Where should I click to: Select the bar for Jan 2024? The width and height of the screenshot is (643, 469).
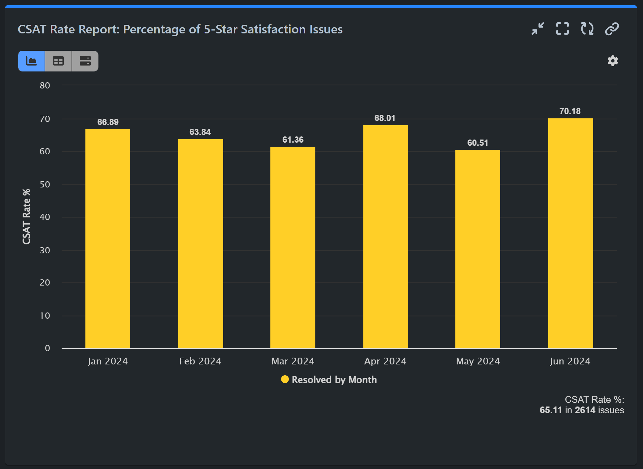click(x=108, y=238)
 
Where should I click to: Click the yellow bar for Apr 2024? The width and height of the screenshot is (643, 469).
click(x=385, y=237)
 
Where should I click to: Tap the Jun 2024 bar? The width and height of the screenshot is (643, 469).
click(x=570, y=233)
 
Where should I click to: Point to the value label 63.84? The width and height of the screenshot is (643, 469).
click(x=200, y=132)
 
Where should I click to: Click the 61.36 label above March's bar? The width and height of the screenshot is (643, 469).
click(x=293, y=140)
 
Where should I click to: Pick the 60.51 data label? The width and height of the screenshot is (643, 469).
click(x=477, y=143)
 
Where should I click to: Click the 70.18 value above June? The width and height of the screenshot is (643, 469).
click(x=570, y=111)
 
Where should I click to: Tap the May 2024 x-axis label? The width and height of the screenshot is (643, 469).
click(x=478, y=361)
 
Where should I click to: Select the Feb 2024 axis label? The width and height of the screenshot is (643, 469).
click(x=200, y=361)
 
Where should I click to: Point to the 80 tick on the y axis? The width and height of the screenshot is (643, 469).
click(x=45, y=86)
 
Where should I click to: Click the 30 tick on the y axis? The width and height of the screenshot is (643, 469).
click(x=45, y=251)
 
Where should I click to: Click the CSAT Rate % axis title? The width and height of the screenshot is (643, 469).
click(x=27, y=217)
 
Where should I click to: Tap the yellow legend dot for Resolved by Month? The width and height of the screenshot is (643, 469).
click(x=285, y=379)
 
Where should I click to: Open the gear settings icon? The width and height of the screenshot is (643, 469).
click(x=613, y=61)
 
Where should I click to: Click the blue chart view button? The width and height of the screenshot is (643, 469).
click(x=32, y=61)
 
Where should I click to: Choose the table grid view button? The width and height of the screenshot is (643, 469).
click(x=58, y=61)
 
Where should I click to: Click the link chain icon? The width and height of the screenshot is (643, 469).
click(x=612, y=29)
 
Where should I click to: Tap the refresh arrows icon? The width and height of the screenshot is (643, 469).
click(x=587, y=29)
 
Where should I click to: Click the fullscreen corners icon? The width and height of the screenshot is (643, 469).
click(x=562, y=29)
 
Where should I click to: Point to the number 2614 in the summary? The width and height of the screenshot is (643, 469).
click(x=585, y=410)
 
